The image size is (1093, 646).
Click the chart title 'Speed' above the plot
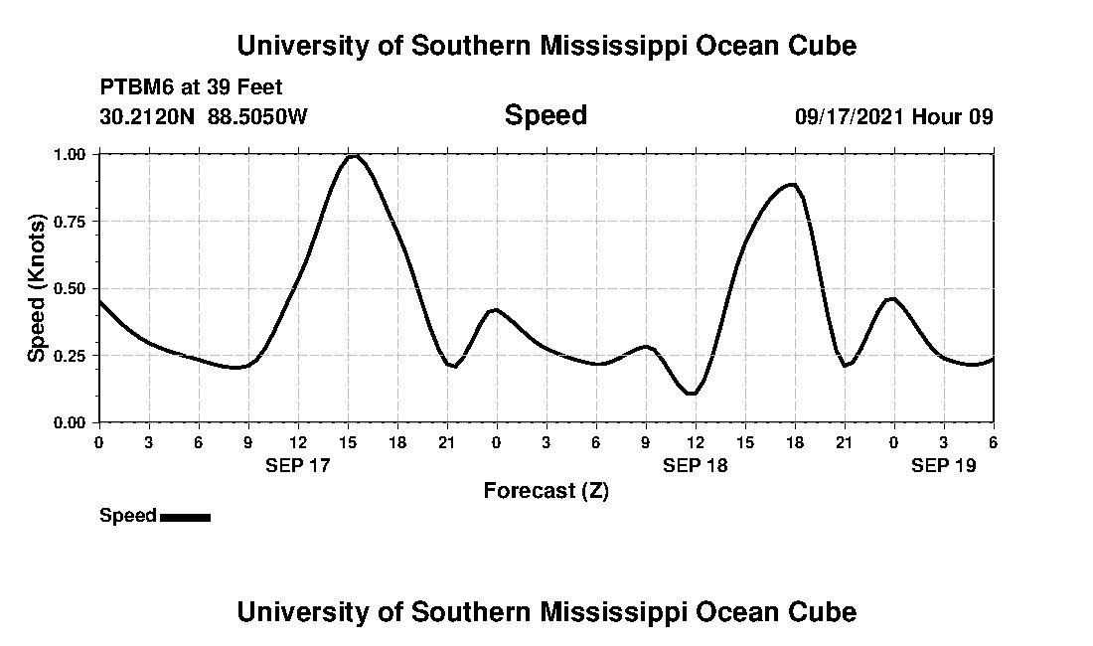[546, 115]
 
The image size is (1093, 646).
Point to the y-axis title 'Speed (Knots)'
[37, 287]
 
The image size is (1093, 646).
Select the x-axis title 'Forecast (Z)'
[546, 490]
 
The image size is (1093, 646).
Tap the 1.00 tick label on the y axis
[70, 155]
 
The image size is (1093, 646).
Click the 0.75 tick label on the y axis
[70, 222]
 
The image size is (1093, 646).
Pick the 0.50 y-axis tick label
[70, 288]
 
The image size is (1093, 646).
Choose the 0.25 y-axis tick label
[70, 356]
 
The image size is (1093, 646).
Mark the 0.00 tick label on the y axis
[70, 422]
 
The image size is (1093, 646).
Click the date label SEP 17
[298, 465]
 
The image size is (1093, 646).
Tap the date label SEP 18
[696, 465]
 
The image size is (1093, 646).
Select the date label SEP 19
[944, 465]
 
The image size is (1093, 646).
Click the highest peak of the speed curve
[352, 155]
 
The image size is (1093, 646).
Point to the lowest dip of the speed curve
[692, 394]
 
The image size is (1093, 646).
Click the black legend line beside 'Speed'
[185, 517]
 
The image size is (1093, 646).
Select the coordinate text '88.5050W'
[257, 116]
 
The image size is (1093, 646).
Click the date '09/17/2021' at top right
[850, 116]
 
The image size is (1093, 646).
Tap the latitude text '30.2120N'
[149, 116]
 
